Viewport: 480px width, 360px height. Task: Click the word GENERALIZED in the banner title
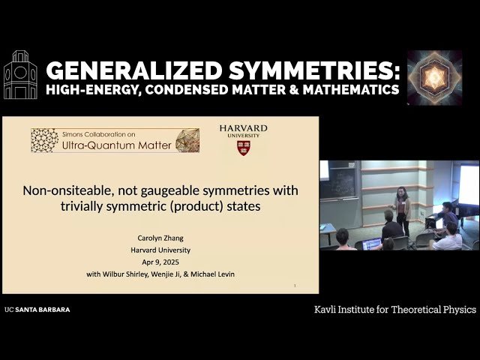click(x=133, y=70)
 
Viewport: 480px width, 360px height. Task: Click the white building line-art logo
click(x=20, y=75)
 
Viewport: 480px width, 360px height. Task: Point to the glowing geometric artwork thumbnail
click(x=434, y=78)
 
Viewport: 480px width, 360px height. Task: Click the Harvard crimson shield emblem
click(x=244, y=148)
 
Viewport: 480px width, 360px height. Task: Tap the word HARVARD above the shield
click(x=243, y=128)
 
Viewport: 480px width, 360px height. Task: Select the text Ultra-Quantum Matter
click(x=117, y=145)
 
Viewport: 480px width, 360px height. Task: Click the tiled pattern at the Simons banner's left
click(x=45, y=140)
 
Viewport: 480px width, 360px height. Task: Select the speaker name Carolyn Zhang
click(x=160, y=238)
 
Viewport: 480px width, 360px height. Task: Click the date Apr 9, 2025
click(x=160, y=262)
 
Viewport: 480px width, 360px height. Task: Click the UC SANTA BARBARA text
click(x=37, y=310)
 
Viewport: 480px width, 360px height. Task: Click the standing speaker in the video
click(x=402, y=211)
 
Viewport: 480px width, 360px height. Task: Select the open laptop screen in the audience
click(x=371, y=244)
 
